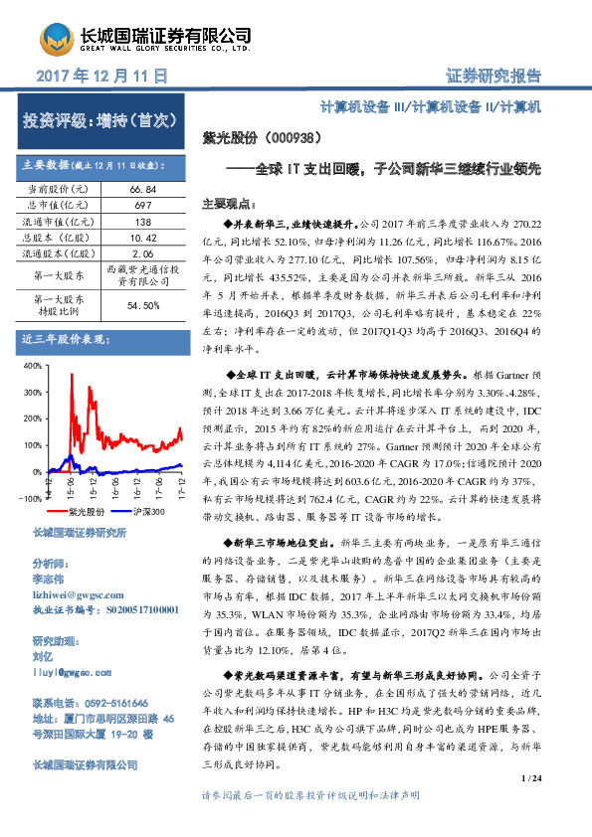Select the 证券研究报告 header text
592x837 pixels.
493,76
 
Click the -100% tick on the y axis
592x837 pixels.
29,498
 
